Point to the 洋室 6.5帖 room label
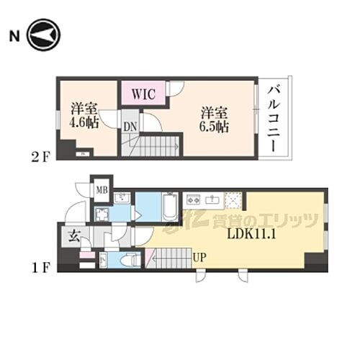[214, 119]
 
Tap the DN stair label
[130, 127]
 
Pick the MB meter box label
[102, 191]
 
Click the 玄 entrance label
[74, 233]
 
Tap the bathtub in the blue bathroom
[170, 207]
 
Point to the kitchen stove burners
[194, 199]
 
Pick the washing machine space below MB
[103, 213]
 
